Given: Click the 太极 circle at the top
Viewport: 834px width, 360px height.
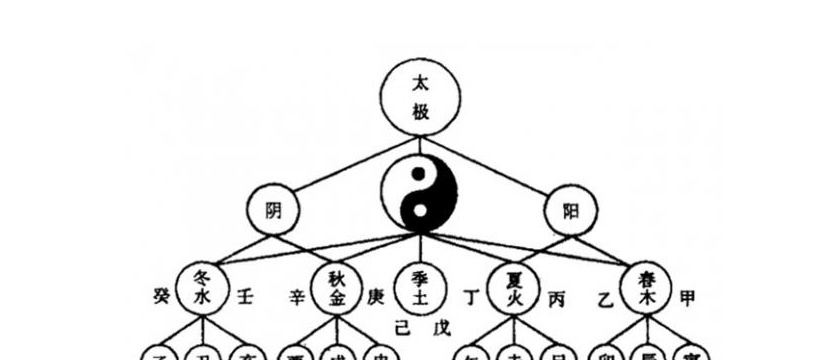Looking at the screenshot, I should [x=421, y=99].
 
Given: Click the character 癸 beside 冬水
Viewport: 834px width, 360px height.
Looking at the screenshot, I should [x=161, y=296].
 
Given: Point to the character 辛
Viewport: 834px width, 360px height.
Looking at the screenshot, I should [x=297, y=297].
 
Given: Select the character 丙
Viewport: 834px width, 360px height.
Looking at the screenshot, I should [x=557, y=298].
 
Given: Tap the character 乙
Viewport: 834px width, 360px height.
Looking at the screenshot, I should [x=603, y=297].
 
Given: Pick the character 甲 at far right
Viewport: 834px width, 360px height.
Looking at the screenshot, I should [x=688, y=297].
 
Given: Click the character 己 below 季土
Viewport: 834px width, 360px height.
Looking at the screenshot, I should [x=402, y=327].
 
